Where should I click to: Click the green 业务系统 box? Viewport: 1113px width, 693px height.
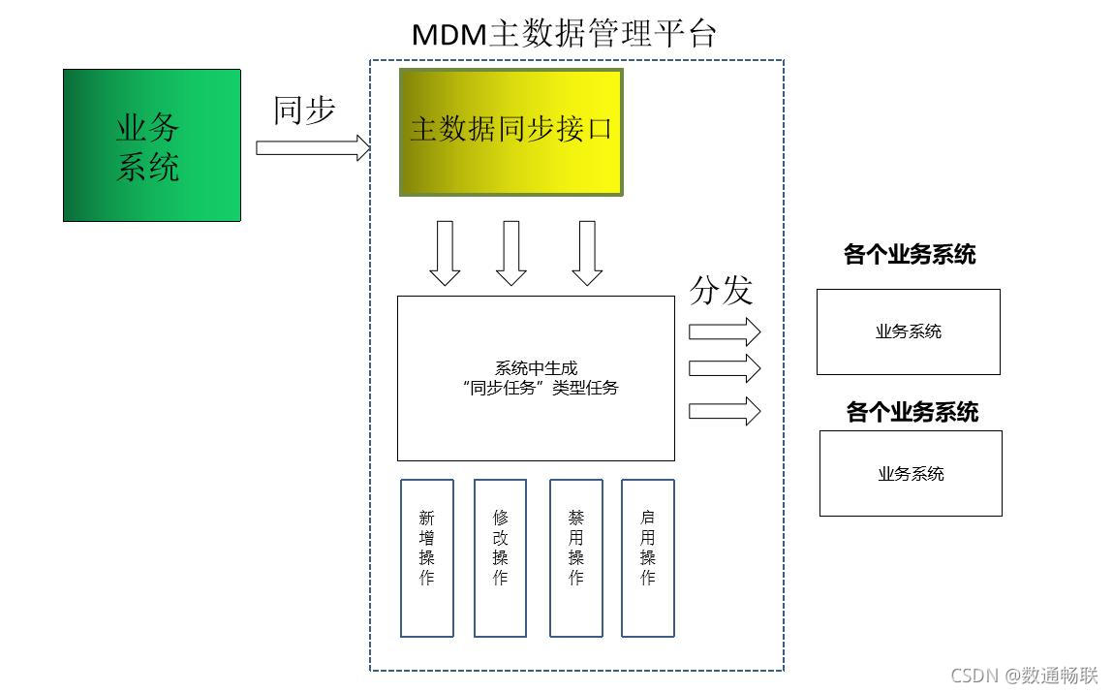tap(151, 145)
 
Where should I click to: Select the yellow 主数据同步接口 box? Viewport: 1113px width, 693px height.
tap(510, 132)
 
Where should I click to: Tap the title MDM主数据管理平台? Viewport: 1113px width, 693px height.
tap(564, 34)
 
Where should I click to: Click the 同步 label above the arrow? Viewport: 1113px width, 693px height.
tap(304, 110)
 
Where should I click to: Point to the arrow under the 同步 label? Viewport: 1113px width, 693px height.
tap(313, 148)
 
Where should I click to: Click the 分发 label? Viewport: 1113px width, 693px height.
tap(721, 289)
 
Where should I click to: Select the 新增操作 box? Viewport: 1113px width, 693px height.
tap(427, 557)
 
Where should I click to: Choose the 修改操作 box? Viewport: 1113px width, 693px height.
tap(500, 557)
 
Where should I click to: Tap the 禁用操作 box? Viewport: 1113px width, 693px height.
tap(576, 557)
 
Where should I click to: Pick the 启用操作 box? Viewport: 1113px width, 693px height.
tap(648, 557)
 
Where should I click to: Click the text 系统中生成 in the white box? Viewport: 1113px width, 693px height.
tap(536, 368)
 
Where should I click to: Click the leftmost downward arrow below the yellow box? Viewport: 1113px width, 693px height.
tap(445, 253)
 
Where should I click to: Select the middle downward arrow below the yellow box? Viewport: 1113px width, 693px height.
tap(510, 253)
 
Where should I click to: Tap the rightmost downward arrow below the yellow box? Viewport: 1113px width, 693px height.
tap(587, 253)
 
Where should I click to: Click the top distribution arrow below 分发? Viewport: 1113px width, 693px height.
tap(725, 331)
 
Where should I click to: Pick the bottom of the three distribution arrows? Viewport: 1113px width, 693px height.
tap(725, 410)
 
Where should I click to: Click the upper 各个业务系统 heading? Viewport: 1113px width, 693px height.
tap(910, 255)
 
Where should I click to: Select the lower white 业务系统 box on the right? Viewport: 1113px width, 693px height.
tap(911, 473)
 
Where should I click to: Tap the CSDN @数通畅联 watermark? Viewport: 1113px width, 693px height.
tap(1024, 675)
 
